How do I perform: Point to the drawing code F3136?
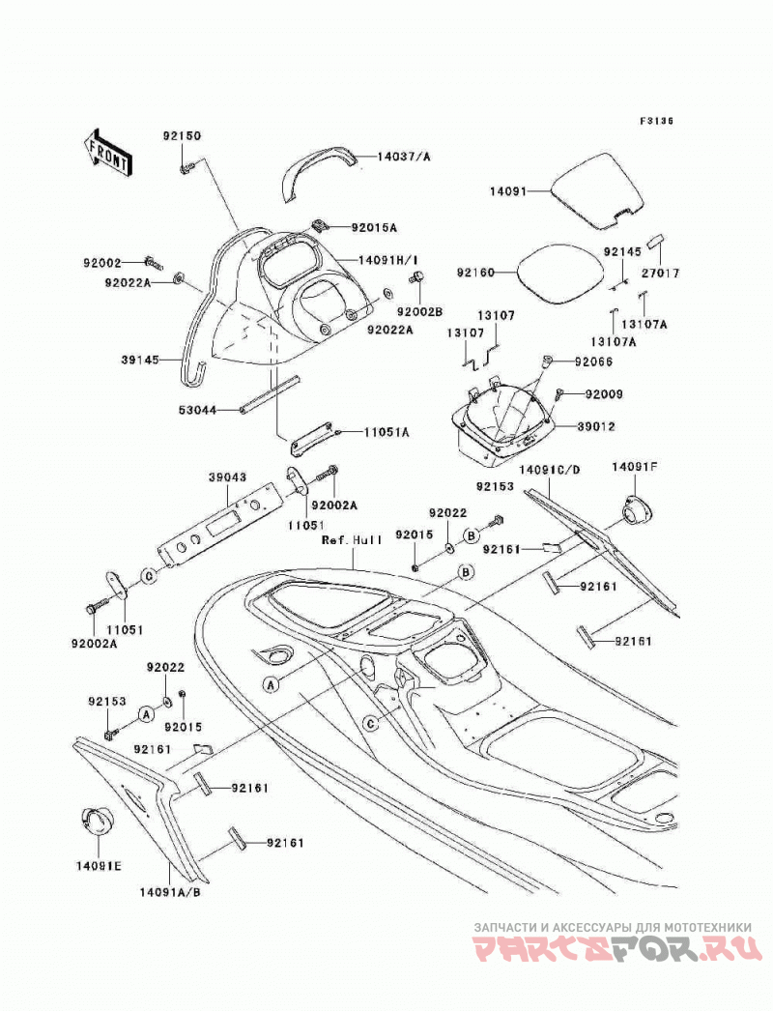(x=656, y=121)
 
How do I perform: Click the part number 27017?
(x=660, y=273)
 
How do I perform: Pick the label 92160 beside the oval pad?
(x=475, y=273)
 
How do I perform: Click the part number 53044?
(x=197, y=410)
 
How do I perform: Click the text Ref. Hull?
(x=352, y=539)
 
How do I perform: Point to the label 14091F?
(x=634, y=466)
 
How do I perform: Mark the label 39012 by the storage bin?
(x=596, y=426)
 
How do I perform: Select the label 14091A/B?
(x=165, y=892)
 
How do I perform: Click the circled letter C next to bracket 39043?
(x=149, y=576)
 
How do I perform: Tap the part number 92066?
(x=593, y=361)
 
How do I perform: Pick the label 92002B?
(x=419, y=311)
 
